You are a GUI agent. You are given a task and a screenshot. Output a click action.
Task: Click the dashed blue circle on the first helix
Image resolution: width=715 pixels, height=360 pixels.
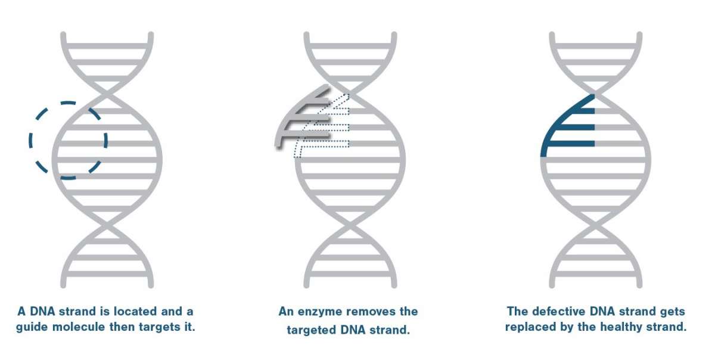point(30,141)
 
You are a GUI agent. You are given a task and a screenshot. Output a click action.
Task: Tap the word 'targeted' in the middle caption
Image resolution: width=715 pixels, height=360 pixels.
point(311,330)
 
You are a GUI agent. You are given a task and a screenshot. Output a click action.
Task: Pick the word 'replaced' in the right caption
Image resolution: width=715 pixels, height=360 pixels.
point(529,327)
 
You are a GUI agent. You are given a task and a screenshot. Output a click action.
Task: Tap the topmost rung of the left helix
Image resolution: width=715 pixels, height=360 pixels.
point(107,46)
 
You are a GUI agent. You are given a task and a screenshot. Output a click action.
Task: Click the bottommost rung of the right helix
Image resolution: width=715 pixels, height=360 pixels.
point(596,274)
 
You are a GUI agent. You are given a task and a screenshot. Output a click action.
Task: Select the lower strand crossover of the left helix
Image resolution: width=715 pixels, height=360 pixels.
point(107,225)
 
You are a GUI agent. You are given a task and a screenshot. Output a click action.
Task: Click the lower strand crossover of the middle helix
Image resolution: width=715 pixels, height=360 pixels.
point(350,225)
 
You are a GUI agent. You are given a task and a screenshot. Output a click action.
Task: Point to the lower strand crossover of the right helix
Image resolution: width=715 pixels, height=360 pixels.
point(596,225)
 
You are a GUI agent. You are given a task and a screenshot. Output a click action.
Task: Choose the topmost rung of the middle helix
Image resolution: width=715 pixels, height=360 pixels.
point(350,46)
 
